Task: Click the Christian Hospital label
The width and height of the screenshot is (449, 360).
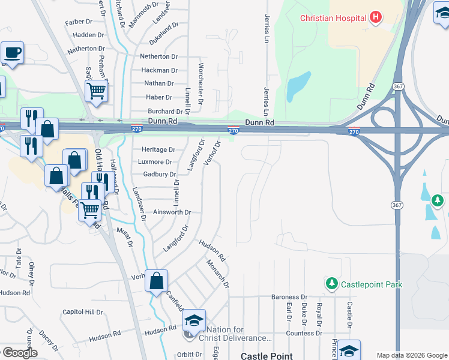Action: [x=333, y=17]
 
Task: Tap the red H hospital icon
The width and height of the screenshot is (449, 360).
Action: [x=376, y=17]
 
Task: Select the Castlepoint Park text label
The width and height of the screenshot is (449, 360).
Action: [x=371, y=284]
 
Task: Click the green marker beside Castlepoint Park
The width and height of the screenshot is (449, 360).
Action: [x=331, y=283]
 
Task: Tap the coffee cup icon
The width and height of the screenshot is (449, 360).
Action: [x=12, y=52]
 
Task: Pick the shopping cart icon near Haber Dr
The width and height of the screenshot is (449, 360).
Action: [x=96, y=91]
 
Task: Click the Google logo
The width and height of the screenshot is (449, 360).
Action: [x=19, y=353]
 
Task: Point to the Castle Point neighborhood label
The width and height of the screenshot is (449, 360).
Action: [x=267, y=356]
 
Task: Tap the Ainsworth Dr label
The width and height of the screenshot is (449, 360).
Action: [x=172, y=212]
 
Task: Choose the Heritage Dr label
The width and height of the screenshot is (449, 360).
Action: [x=158, y=149]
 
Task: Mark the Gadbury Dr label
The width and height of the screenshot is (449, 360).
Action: [x=159, y=174]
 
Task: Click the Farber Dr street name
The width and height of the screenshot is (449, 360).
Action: [x=79, y=22]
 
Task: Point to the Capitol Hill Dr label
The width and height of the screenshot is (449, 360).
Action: [x=83, y=313]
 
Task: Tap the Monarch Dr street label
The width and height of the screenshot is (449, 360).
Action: [x=218, y=273]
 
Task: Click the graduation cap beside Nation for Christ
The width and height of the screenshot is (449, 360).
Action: [x=194, y=321]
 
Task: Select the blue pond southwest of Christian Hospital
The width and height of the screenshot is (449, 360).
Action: [x=298, y=86]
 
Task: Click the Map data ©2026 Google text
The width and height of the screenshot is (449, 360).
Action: [x=411, y=355]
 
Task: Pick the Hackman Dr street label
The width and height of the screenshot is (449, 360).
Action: [x=159, y=70]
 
